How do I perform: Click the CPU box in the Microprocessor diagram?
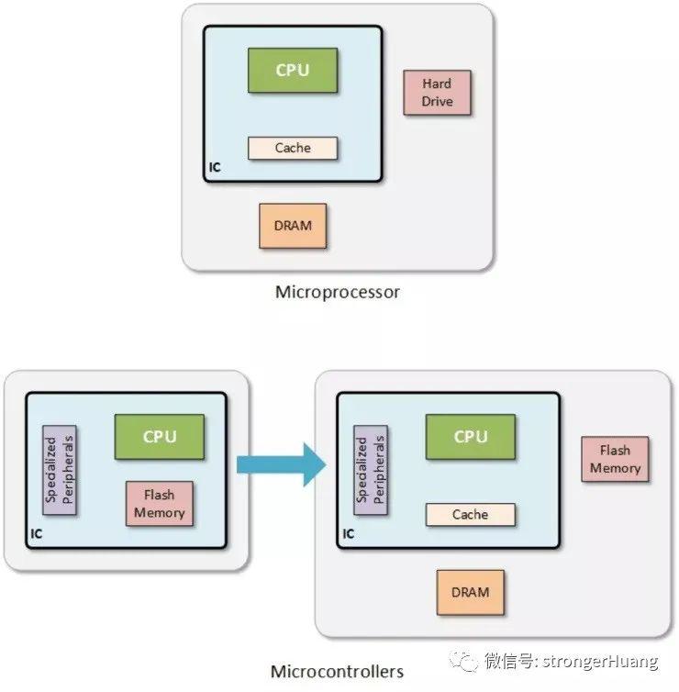[x=293, y=71]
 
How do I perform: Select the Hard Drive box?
[x=438, y=93]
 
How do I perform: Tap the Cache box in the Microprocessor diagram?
[x=293, y=149]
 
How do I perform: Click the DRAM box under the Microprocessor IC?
[x=293, y=226]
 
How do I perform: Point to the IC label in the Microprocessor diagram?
[x=215, y=168]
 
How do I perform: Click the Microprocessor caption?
[x=338, y=292]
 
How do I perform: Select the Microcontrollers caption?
[x=337, y=672]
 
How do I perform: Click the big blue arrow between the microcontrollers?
[x=282, y=464]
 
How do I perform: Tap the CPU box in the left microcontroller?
[x=160, y=437]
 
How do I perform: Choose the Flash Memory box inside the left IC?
[x=160, y=504]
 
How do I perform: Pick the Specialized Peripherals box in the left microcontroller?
[x=60, y=470]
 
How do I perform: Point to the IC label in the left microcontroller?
[x=37, y=534]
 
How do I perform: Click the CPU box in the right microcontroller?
[x=471, y=437]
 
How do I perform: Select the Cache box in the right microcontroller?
[x=471, y=515]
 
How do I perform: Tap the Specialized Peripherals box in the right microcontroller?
[x=371, y=470]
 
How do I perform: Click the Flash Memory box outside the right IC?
[x=615, y=459]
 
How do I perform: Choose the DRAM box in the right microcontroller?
[x=471, y=593]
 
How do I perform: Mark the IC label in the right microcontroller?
[x=349, y=534]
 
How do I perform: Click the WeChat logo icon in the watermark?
[x=463, y=661]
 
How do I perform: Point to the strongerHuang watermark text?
[x=601, y=662]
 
